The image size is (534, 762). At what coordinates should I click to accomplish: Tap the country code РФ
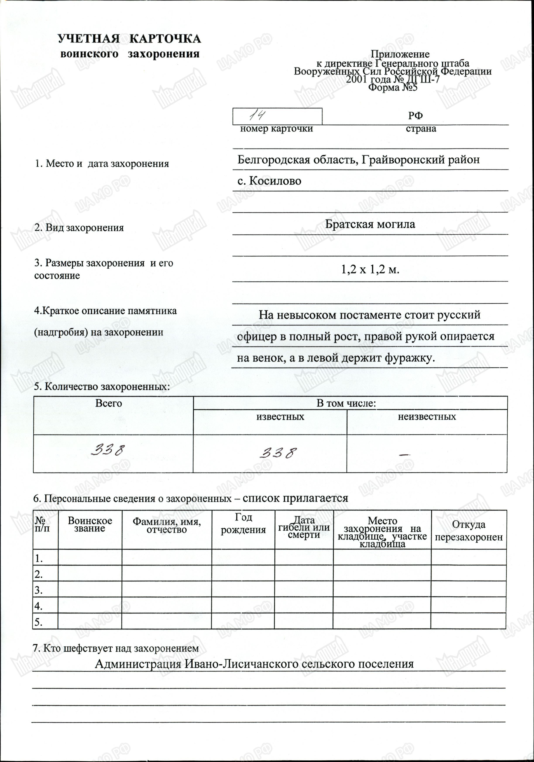[415, 116]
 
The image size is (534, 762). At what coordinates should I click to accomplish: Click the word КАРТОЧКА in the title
[165, 39]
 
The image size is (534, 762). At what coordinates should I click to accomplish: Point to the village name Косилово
[275, 181]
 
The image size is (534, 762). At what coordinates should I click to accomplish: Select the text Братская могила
[370, 224]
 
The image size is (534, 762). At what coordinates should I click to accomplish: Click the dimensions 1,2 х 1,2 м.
[370, 269]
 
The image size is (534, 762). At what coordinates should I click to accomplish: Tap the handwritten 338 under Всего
[108, 450]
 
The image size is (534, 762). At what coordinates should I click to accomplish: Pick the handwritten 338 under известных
[278, 453]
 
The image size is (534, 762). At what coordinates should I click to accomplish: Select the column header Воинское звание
[90, 525]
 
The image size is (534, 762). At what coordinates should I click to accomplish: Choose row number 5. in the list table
[38, 622]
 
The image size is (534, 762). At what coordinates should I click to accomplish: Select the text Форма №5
[393, 87]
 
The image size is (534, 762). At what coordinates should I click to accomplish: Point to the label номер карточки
[276, 129]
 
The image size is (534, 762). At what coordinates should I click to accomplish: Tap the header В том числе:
[346, 403]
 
